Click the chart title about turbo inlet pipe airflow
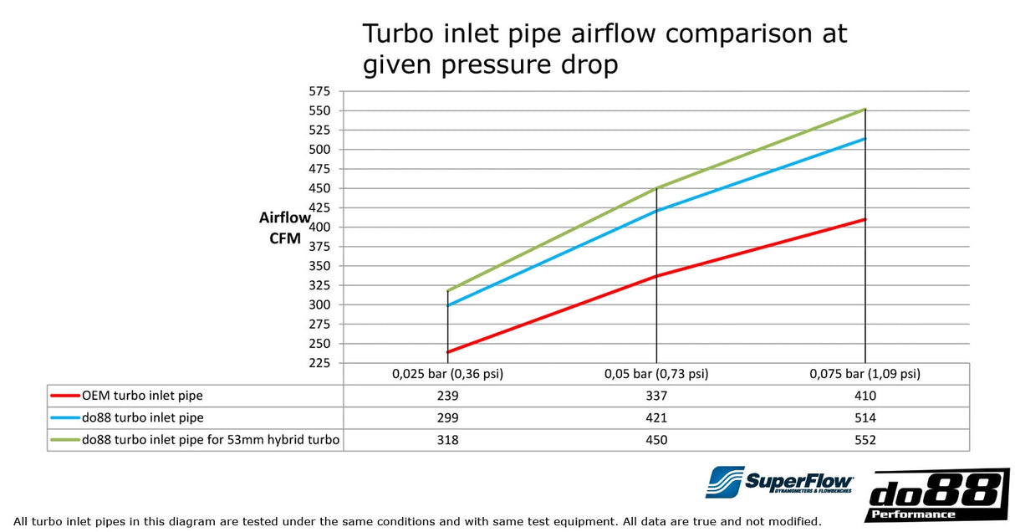[x=604, y=49]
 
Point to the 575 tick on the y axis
[x=319, y=91]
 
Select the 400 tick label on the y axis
[x=319, y=227]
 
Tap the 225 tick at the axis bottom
[x=319, y=363]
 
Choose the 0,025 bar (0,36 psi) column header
[x=447, y=374]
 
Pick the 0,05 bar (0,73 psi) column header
[x=656, y=374]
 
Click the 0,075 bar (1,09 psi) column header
[x=865, y=374]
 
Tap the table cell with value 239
[x=447, y=396]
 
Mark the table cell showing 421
[x=656, y=417]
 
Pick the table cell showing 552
[x=865, y=440]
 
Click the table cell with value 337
[x=656, y=396]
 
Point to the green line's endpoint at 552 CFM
[x=865, y=109]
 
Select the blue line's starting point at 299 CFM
[x=448, y=305]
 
